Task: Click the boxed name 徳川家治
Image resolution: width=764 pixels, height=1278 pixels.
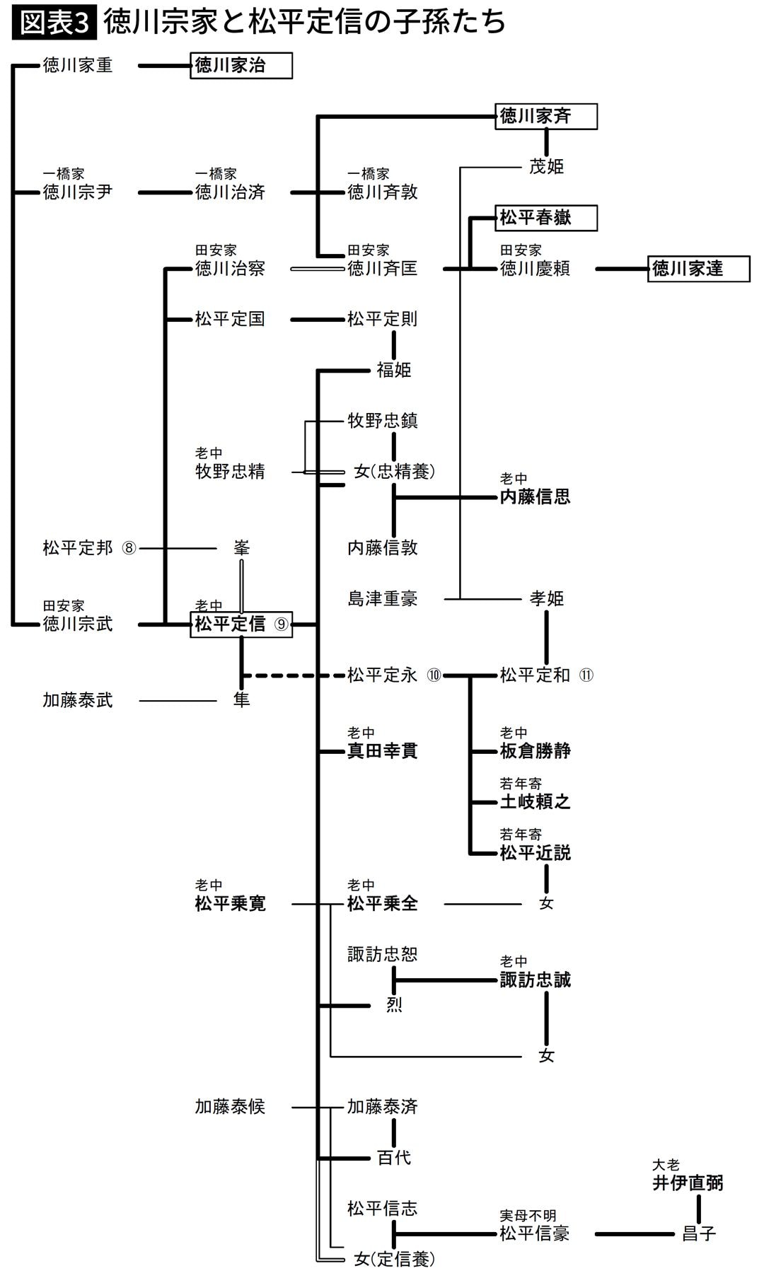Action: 241,66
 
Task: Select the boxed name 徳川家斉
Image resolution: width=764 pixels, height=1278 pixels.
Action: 545,116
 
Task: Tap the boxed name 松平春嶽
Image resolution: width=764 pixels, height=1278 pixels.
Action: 545,218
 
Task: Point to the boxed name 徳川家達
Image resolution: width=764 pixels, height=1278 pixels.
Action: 698,269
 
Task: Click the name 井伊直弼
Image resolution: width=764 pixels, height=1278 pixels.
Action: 688,1183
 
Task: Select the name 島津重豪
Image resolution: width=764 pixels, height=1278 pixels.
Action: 383,598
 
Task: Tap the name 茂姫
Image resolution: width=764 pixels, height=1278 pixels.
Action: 546,167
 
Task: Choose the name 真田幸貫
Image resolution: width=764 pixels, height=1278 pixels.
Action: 383,751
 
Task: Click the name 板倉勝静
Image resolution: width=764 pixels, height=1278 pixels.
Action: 536,751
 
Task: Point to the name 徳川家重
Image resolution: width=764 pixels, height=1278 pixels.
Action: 78,66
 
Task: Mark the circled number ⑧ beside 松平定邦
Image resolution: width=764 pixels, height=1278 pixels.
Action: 129,548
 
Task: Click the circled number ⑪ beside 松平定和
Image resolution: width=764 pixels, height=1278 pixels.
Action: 586,675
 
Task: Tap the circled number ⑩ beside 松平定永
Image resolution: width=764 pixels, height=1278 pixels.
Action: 434,675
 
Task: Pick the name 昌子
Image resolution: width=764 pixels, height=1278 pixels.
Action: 698,1234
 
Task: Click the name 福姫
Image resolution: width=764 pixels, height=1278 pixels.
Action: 394,370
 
